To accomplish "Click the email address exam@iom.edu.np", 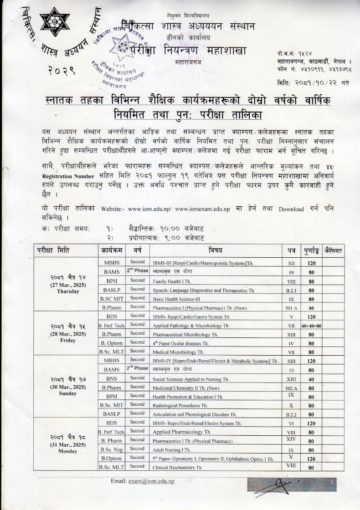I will (151, 481).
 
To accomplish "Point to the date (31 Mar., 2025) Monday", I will (68, 445).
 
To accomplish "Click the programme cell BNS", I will (112, 379).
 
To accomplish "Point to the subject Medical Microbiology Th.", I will (178, 352).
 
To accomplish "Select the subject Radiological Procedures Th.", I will (180, 405).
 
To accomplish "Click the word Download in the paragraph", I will (291, 209).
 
